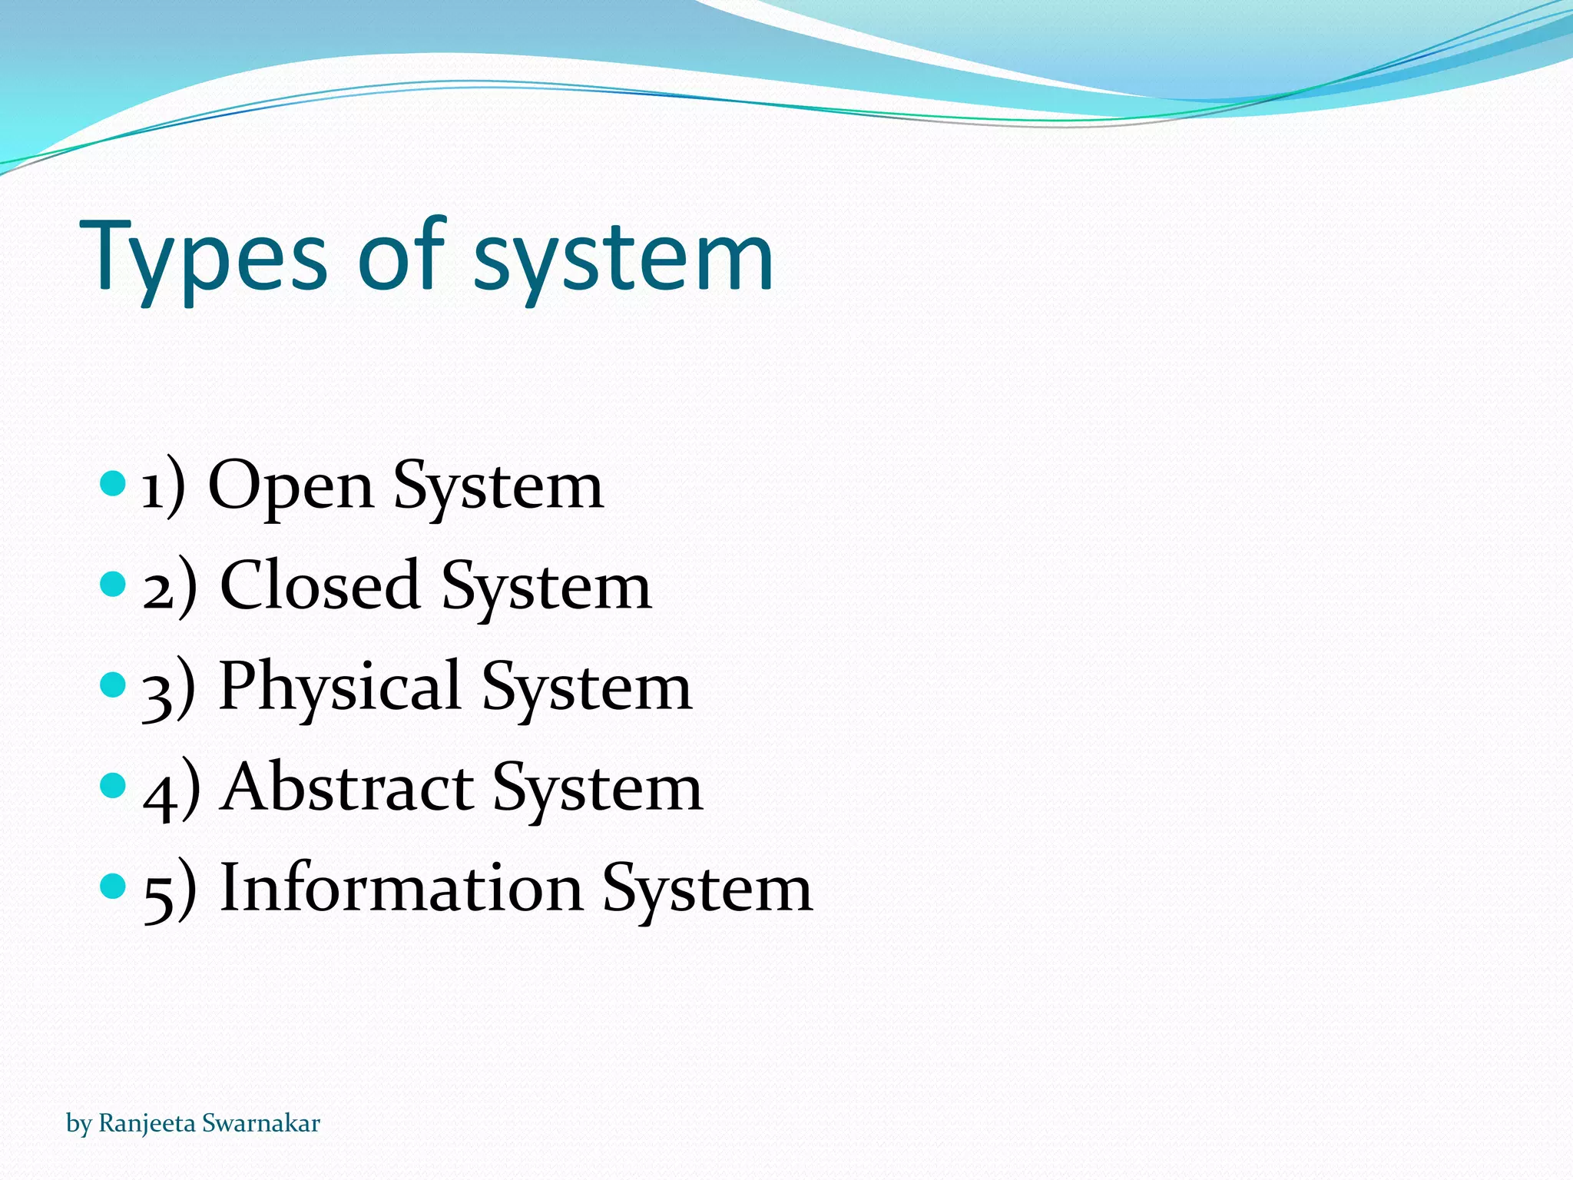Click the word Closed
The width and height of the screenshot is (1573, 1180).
(319, 586)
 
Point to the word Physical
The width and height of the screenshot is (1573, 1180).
(339, 686)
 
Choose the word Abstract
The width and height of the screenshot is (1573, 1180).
(347, 787)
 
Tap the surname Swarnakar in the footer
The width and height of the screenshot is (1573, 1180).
(261, 1123)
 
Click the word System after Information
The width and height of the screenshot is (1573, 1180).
(707, 890)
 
